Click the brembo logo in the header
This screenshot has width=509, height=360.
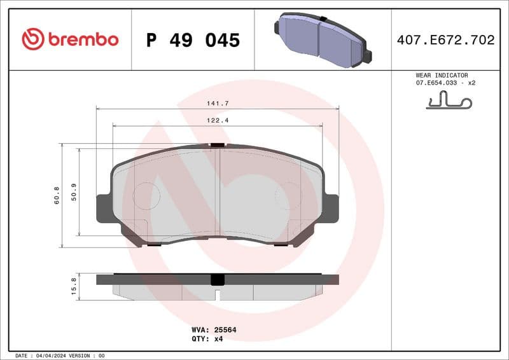click(x=70, y=39)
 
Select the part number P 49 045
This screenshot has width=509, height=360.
click(x=193, y=40)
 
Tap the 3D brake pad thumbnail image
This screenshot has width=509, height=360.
click(x=323, y=39)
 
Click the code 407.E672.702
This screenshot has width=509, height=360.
click(x=445, y=40)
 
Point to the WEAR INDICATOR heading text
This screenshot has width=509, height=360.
click(x=442, y=75)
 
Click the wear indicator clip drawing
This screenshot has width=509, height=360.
click(x=449, y=100)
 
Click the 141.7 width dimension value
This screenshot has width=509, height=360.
click(x=218, y=103)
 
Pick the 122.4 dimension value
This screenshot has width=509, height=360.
click(x=218, y=120)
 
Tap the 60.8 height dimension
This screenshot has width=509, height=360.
click(x=57, y=195)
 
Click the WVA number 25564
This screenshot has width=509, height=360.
click(x=218, y=330)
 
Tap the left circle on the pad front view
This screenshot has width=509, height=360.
click(x=146, y=196)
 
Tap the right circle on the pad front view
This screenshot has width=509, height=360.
click(x=288, y=196)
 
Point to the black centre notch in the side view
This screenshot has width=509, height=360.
click(x=218, y=279)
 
